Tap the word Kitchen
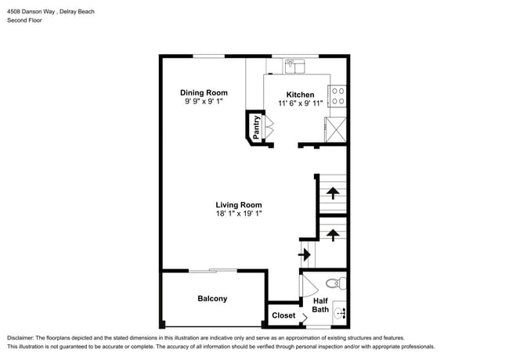pyautogui.click(x=299, y=95)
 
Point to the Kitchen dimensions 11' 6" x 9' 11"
pyautogui.click(x=299, y=103)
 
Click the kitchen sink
pyautogui.click(x=294, y=66)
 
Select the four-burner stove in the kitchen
pyautogui.click(x=338, y=96)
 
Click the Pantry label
pyautogui.click(x=256, y=127)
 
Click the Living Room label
pyautogui.click(x=239, y=205)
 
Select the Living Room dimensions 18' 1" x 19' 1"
pyautogui.click(x=239, y=214)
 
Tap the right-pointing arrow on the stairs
pyautogui.click(x=306, y=254)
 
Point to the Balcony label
pyautogui.click(x=212, y=299)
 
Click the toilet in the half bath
pyautogui.click(x=334, y=283)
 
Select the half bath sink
pyautogui.click(x=340, y=314)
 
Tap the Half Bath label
pyautogui.click(x=320, y=304)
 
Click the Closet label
pyautogui.click(x=283, y=316)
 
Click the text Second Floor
pyautogui.click(x=24, y=20)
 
